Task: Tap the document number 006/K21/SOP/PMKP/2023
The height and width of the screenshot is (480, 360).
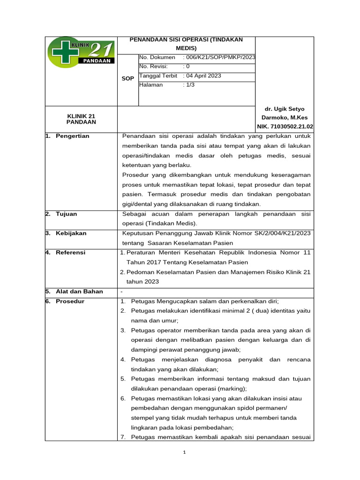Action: tap(220, 57)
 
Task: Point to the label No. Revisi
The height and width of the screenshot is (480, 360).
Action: tap(153, 67)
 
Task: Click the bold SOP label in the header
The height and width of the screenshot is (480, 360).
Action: tap(127, 78)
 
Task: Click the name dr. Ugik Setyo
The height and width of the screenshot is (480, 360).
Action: tap(285, 109)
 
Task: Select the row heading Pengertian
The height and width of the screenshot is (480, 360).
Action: tap(72, 136)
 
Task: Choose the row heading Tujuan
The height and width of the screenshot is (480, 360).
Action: tap(66, 214)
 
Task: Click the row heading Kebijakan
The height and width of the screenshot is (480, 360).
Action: tap(71, 233)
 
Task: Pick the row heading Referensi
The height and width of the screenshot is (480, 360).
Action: tap(70, 253)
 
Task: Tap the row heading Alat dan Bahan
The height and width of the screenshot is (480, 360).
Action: tap(79, 292)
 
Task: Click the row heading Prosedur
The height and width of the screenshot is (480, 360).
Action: tap(70, 301)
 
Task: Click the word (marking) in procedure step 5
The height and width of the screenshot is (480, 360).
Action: tap(234, 389)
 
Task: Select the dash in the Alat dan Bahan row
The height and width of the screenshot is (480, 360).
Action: tap(121, 292)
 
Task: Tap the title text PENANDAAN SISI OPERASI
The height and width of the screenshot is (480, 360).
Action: tap(186, 40)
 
